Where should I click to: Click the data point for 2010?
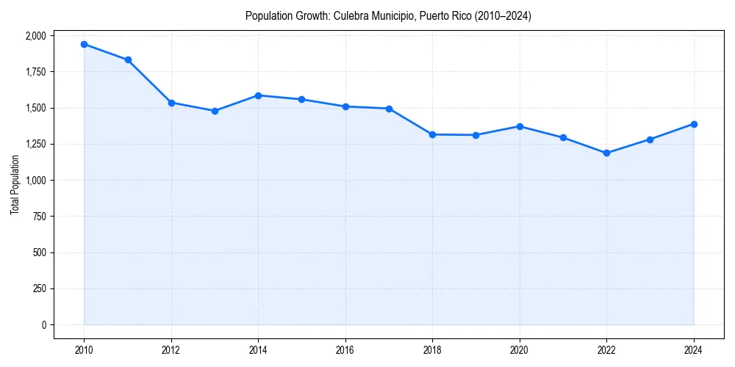click(84, 44)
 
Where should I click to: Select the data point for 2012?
click(171, 103)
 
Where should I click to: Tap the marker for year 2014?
click(258, 95)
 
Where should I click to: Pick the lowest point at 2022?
click(606, 153)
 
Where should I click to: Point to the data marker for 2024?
click(694, 124)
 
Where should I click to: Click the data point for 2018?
click(432, 134)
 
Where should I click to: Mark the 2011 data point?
click(128, 60)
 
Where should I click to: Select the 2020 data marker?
click(520, 126)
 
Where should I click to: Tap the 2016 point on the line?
click(345, 106)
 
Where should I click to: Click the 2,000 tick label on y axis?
click(35, 36)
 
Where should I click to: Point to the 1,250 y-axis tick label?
click(35, 144)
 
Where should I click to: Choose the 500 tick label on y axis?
click(39, 252)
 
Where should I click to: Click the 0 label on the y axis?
click(43, 324)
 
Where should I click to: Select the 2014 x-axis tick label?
click(258, 349)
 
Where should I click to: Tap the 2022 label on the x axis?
click(606, 349)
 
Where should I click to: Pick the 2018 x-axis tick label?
click(432, 349)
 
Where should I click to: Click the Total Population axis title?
click(15, 184)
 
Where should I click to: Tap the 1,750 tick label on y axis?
click(35, 72)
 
